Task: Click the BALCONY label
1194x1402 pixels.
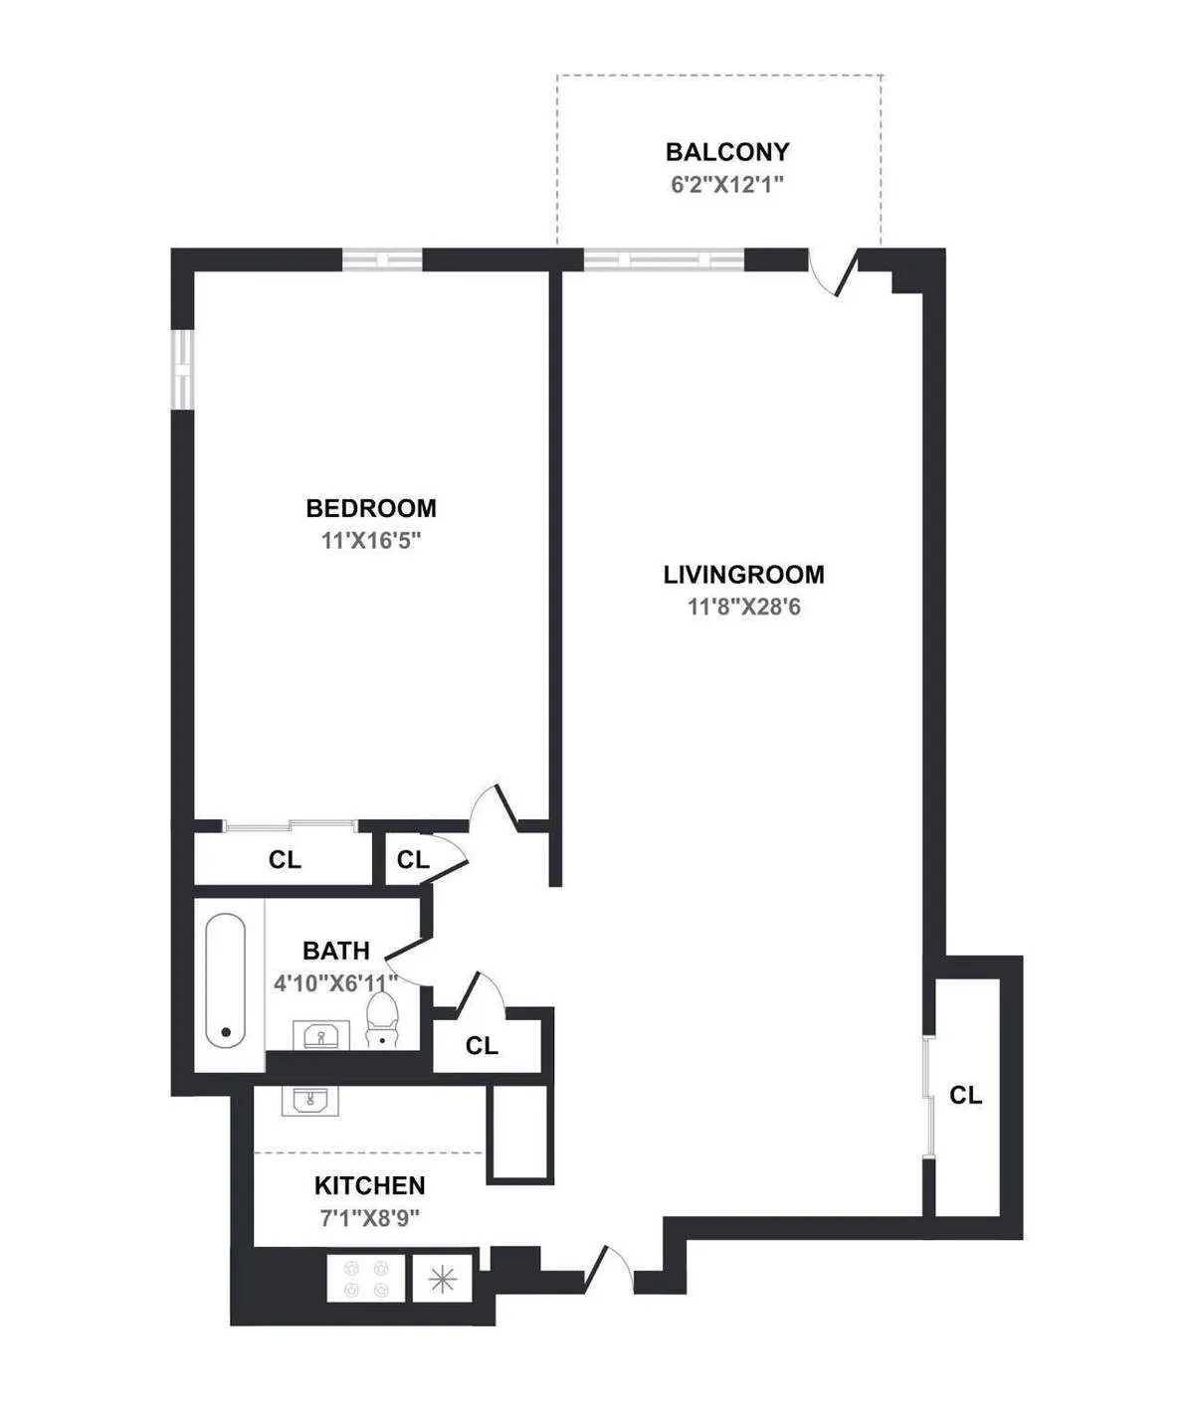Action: (727, 152)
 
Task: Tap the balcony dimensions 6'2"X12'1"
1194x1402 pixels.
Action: (727, 185)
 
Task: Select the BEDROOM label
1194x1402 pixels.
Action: (371, 508)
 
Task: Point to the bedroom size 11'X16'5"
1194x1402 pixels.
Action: (371, 541)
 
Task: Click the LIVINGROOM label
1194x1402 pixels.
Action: (743, 575)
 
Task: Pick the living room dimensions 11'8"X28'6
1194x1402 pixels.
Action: (743, 607)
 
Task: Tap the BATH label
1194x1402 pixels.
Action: (336, 951)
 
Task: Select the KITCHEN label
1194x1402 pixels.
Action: (370, 1185)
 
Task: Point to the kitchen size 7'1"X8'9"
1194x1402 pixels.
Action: (370, 1218)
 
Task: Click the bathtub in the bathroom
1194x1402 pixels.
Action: (226, 980)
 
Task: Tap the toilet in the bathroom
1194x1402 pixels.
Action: (381, 1020)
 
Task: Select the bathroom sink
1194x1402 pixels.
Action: (320, 1036)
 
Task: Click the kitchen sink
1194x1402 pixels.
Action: (310, 1101)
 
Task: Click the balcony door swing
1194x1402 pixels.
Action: (832, 272)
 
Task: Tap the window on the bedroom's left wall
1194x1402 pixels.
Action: (183, 368)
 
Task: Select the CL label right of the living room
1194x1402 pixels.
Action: (965, 1096)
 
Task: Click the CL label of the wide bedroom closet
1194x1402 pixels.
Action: (285, 860)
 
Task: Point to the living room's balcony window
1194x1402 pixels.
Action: (664, 261)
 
